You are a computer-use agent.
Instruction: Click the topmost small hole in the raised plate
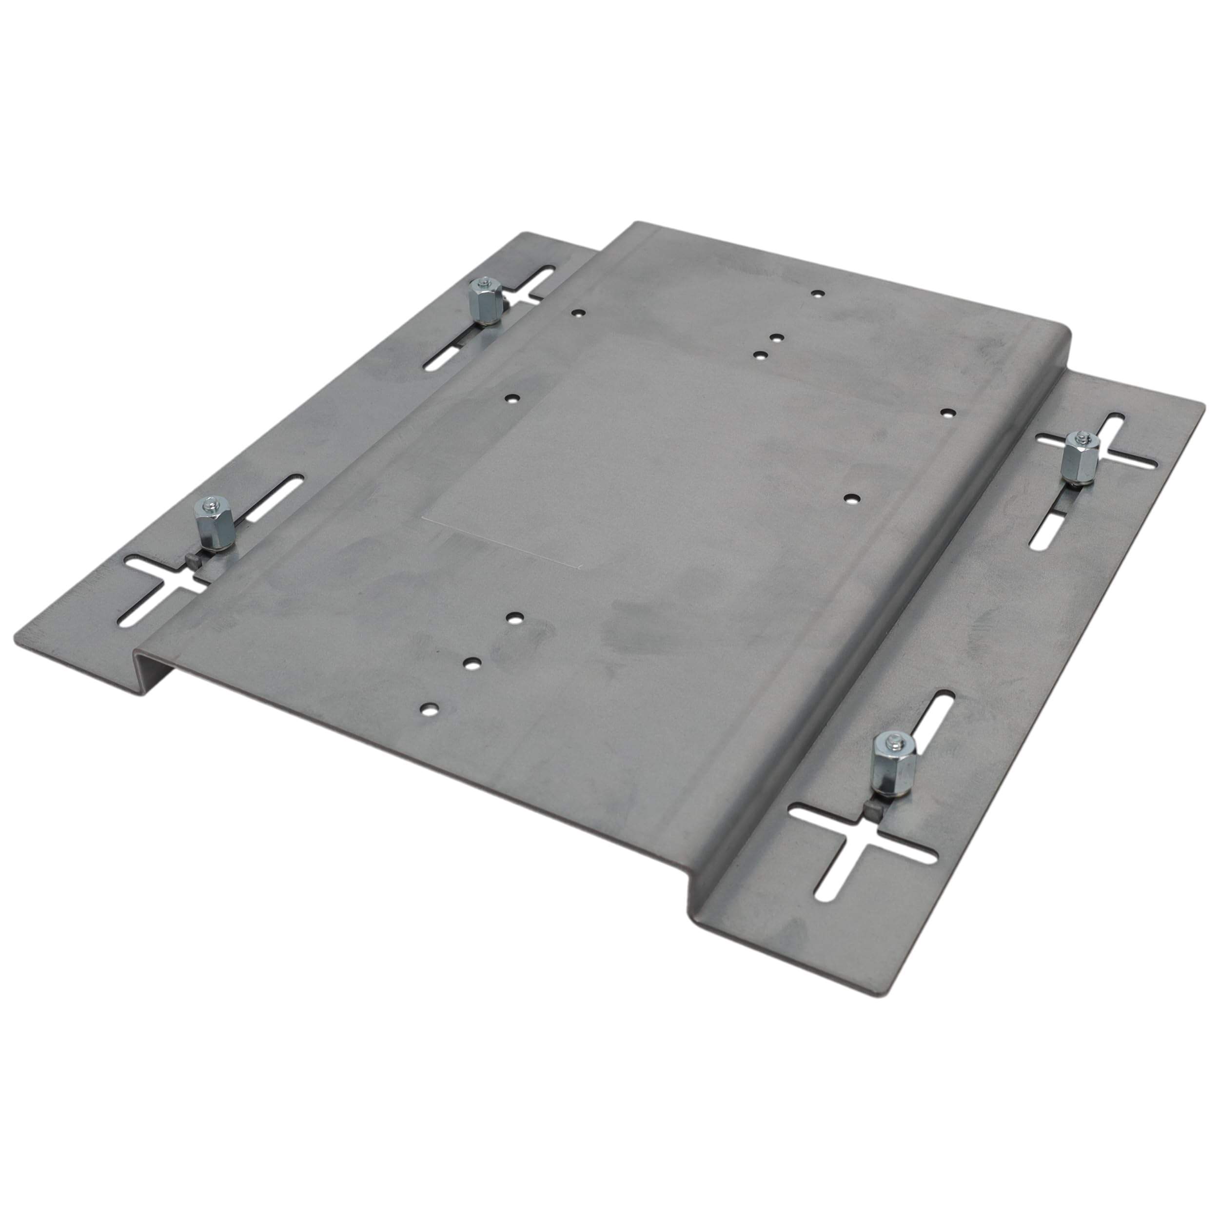click(x=818, y=294)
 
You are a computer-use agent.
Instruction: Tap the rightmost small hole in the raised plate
click(x=946, y=413)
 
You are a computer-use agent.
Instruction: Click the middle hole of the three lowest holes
click(x=472, y=663)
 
